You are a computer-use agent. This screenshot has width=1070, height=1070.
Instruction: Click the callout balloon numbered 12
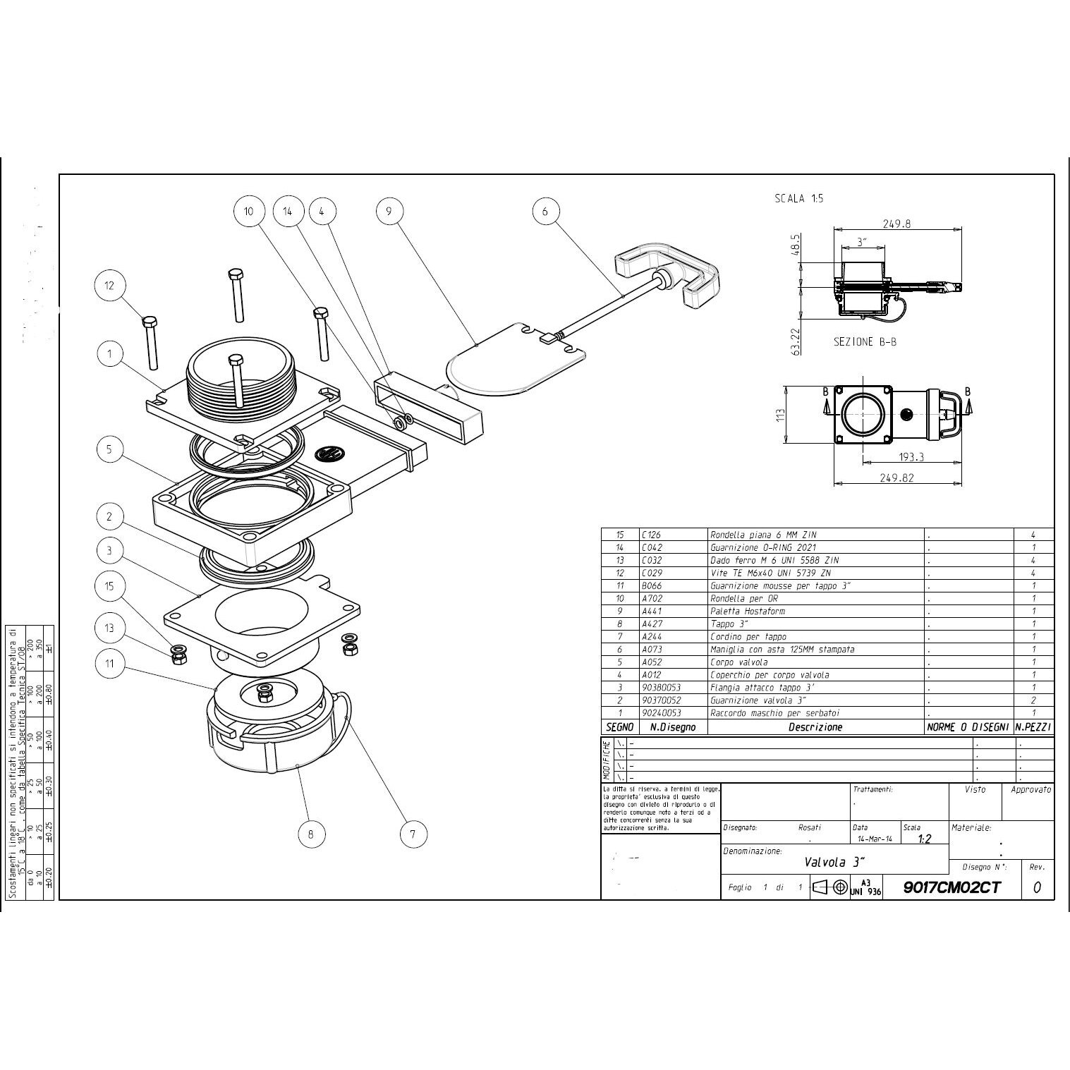pyautogui.click(x=109, y=286)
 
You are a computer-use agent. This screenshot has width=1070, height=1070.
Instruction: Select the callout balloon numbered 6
pyautogui.click(x=545, y=211)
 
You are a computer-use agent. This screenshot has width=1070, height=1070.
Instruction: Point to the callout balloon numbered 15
pyautogui.click(x=109, y=586)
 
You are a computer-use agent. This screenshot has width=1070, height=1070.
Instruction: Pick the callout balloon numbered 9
pyautogui.click(x=389, y=210)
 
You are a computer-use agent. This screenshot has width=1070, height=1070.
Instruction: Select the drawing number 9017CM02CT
pyautogui.click(x=951, y=887)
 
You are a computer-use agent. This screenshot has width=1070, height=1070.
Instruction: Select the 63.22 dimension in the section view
pyautogui.click(x=795, y=339)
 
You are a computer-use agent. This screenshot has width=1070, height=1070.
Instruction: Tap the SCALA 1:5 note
pyautogui.click(x=798, y=198)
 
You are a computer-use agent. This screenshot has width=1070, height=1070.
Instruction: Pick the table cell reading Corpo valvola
pyautogui.click(x=738, y=662)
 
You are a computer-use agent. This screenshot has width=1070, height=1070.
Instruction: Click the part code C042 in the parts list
pyautogui.click(x=652, y=547)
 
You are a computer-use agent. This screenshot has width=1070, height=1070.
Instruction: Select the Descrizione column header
pyautogui.click(x=815, y=727)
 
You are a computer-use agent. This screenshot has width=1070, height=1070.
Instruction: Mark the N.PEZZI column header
pyautogui.click(x=1033, y=727)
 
